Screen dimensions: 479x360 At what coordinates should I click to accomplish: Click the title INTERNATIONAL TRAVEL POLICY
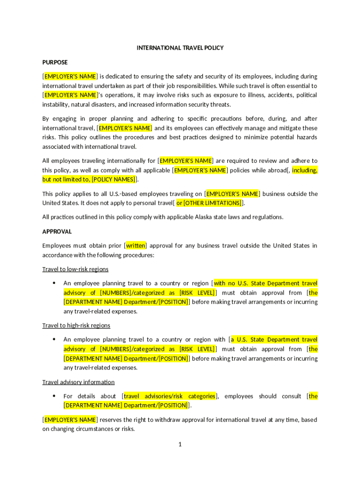180,48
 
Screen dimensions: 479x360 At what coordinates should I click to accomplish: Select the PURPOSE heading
55,62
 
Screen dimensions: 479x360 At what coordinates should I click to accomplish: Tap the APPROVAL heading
57,232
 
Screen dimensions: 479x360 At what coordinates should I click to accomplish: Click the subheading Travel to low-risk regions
75,269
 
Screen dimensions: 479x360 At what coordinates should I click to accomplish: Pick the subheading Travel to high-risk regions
76,325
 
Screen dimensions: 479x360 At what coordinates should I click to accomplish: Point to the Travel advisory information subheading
78,382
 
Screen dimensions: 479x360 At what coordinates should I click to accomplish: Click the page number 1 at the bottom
180,444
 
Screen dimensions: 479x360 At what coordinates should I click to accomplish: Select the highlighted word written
136,246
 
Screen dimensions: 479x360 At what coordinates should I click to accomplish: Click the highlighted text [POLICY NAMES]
114,180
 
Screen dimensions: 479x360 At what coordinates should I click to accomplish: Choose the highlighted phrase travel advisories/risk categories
169,396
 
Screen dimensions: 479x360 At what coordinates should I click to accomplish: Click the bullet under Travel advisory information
54,396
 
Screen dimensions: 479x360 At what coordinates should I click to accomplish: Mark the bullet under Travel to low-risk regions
54,283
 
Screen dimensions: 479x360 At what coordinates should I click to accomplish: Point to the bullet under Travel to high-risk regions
54,339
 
